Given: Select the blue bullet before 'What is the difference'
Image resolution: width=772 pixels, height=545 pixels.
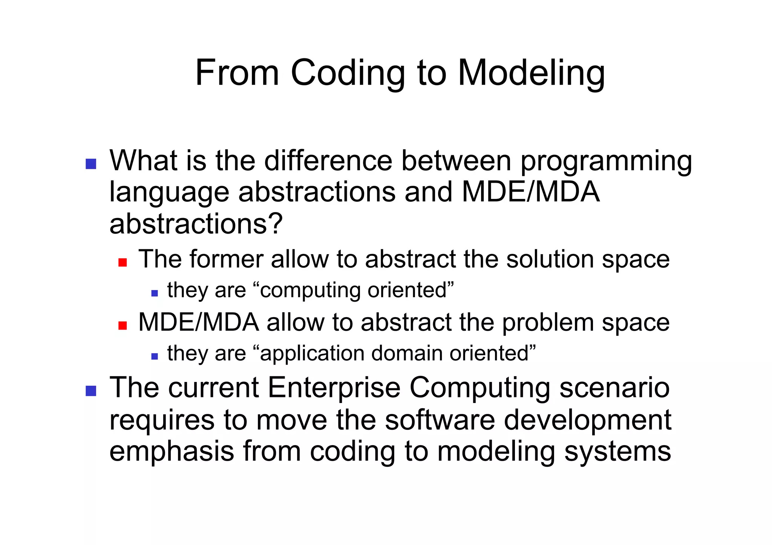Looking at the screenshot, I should point(91,164).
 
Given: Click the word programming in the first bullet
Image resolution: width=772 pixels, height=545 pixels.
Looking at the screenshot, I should point(606,161).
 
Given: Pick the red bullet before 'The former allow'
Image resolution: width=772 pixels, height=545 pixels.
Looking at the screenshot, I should point(123,262).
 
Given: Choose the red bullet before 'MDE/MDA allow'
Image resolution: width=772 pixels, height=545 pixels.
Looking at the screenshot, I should point(123,325).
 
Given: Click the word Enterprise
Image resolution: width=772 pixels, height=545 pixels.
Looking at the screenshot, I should point(334,388).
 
